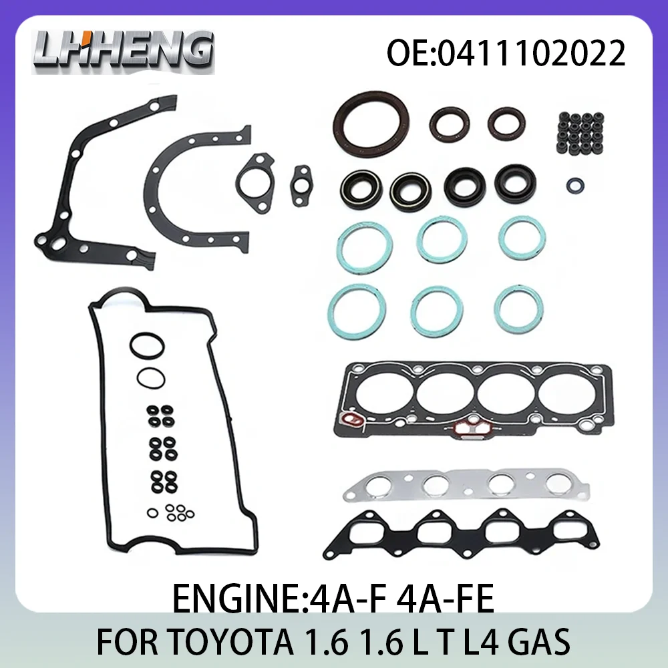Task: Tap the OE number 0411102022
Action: pos(506,53)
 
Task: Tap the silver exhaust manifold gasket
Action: pos(466,485)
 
